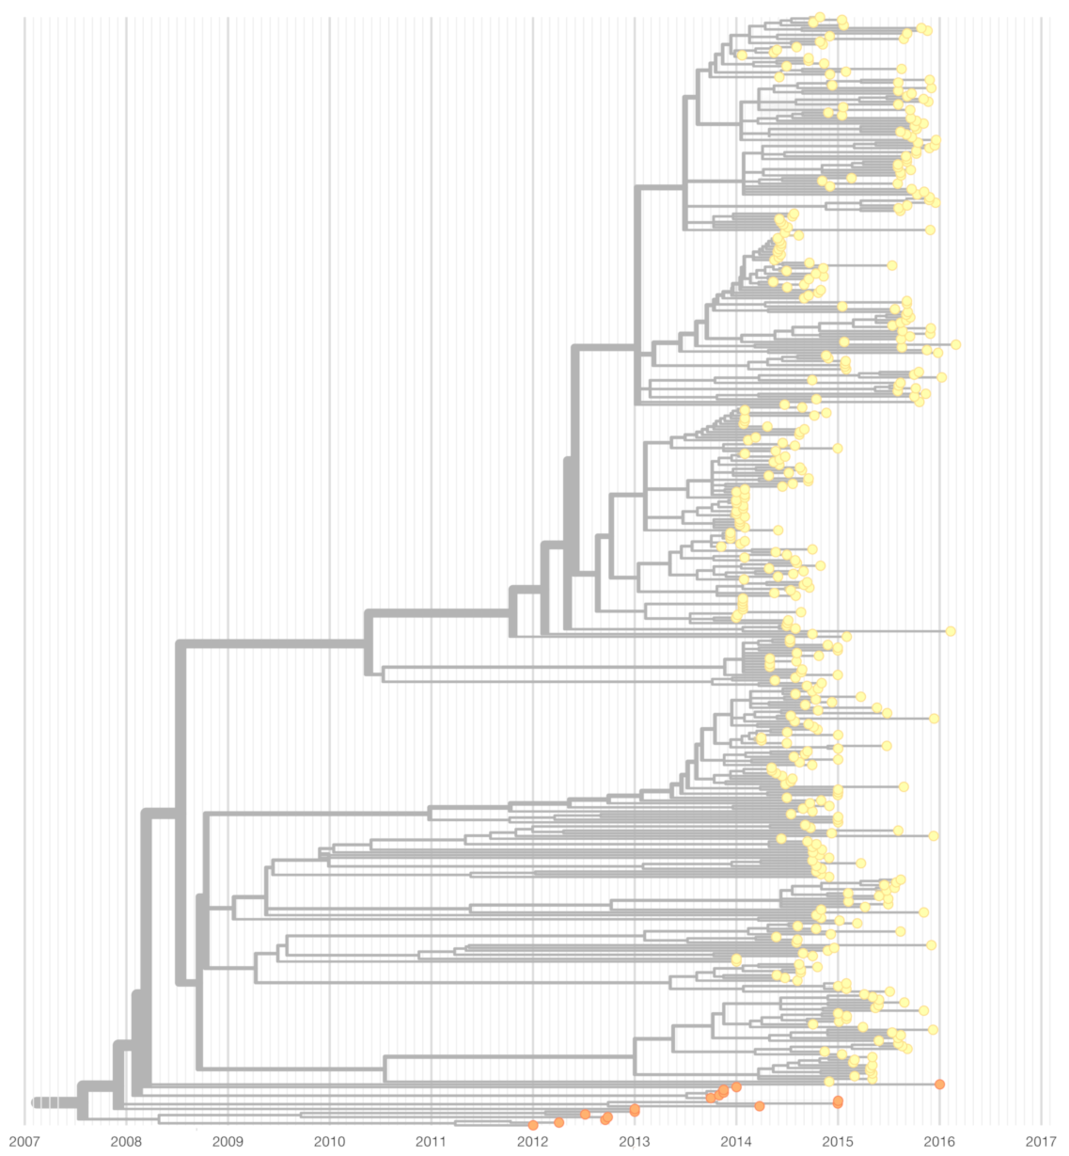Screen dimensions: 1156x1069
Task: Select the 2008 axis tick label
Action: tap(126, 1142)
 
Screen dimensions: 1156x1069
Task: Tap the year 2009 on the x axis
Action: tap(228, 1142)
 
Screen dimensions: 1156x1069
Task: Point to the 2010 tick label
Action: tap(329, 1142)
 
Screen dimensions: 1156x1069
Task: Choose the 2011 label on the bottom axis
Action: tap(431, 1142)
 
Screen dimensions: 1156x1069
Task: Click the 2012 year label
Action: tap(532, 1142)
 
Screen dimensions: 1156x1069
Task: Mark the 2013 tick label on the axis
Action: tap(634, 1142)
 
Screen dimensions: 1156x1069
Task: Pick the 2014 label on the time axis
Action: tap(735, 1142)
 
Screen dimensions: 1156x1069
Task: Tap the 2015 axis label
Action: tap(837, 1142)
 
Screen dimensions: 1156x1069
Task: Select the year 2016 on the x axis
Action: tap(938, 1142)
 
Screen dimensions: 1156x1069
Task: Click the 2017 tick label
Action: tap(1040, 1142)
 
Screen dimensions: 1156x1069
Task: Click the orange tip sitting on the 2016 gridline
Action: tap(939, 1085)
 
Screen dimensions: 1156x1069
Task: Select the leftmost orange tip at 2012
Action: tap(533, 1125)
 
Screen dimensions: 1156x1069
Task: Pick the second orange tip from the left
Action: tap(558, 1122)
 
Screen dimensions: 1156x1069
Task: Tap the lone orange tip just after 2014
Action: tap(760, 1106)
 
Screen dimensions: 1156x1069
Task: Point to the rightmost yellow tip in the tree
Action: tap(956, 344)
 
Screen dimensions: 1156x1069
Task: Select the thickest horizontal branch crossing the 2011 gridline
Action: tap(437, 615)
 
